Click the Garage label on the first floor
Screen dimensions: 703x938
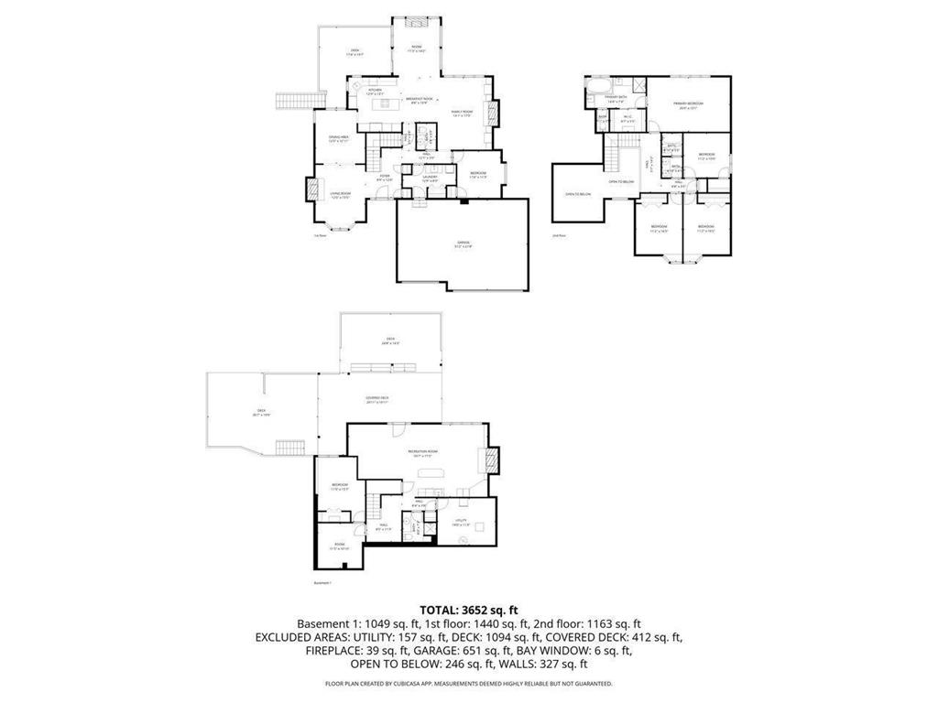click(x=464, y=243)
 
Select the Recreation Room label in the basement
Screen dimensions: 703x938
click(x=421, y=454)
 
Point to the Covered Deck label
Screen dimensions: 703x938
click(x=377, y=399)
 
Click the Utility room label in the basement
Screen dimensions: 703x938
click(x=461, y=523)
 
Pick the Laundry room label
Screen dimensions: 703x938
click(x=430, y=178)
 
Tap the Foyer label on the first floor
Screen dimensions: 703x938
click(x=385, y=178)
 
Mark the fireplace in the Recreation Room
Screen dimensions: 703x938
click(x=492, y=460)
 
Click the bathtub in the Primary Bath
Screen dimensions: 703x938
click(x=594, y=93)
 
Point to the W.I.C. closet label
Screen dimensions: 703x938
click(x=628, y=117)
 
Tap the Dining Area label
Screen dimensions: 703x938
click(x=339, y=139)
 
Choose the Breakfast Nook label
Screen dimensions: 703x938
click(x=420, y=102)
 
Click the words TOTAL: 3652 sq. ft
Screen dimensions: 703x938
click(x=468, y=609)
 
